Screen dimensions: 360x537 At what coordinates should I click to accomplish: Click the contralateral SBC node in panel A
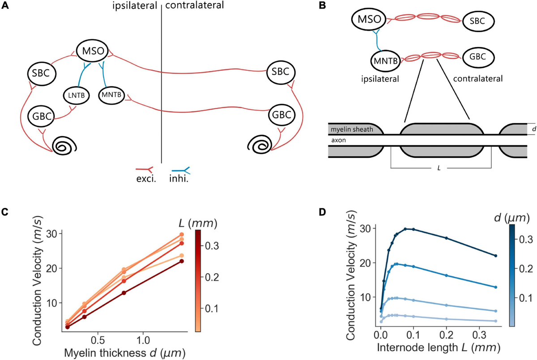pyautogui.click(x=281, y=72)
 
